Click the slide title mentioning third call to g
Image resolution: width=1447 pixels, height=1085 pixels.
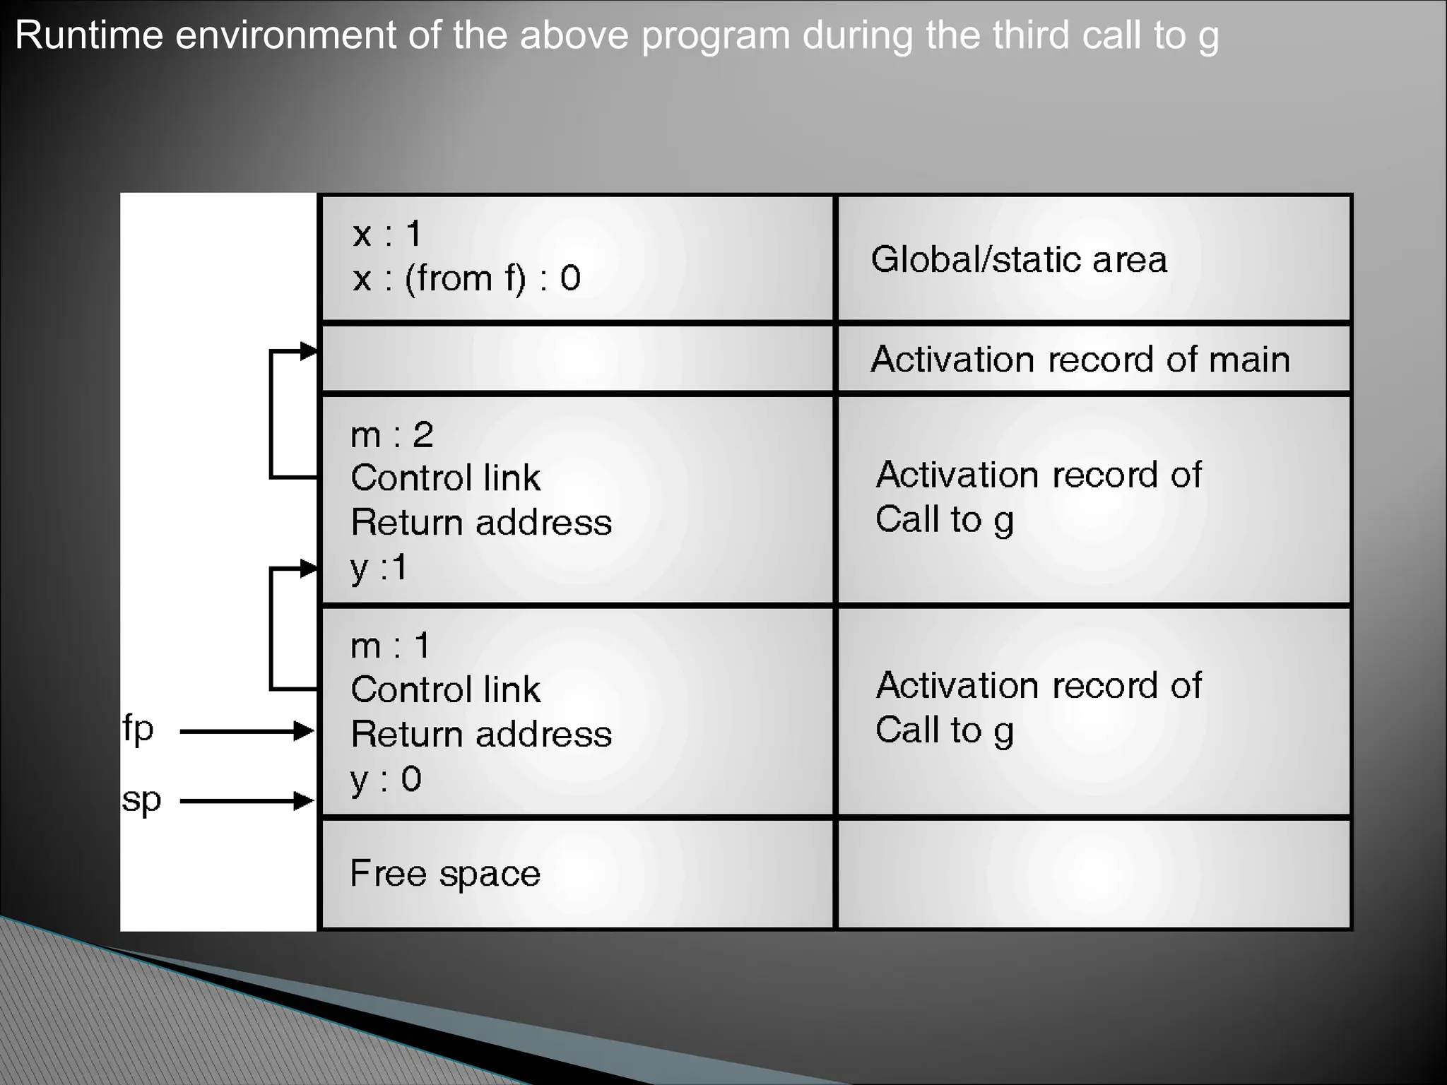pos(616,35)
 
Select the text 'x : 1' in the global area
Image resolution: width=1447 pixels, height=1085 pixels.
pos(387,234)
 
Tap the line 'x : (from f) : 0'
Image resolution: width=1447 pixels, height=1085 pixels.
pos(466,278)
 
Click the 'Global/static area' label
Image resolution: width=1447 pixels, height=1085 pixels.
pos(1018,259)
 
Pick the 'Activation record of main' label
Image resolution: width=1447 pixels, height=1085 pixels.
pos(1080,359)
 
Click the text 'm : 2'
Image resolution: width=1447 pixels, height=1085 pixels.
pos(391,434)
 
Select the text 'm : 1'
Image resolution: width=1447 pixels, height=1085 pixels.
pos(390,646)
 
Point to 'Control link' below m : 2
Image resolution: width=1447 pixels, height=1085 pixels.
pos(445,478)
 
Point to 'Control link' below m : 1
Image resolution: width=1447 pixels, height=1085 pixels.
pos(445,689)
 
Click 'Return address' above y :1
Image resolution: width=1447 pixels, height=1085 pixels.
pos(481,523)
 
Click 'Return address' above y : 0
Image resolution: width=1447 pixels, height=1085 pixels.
pos(481,734)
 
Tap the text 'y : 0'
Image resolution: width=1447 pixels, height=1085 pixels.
pos(386,779)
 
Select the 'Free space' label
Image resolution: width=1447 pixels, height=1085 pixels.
pos(445,873)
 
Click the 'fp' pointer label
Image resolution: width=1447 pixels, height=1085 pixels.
pos(138,728)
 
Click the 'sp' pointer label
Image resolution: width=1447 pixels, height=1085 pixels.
pos(141,800)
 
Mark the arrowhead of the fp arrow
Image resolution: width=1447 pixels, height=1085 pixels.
pos(305,730)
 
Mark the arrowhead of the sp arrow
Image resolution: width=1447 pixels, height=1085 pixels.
pos(305,801)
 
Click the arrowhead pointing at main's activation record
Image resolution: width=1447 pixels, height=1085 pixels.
pos(309,351)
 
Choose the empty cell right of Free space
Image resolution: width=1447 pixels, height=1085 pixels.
pos(1093,874)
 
